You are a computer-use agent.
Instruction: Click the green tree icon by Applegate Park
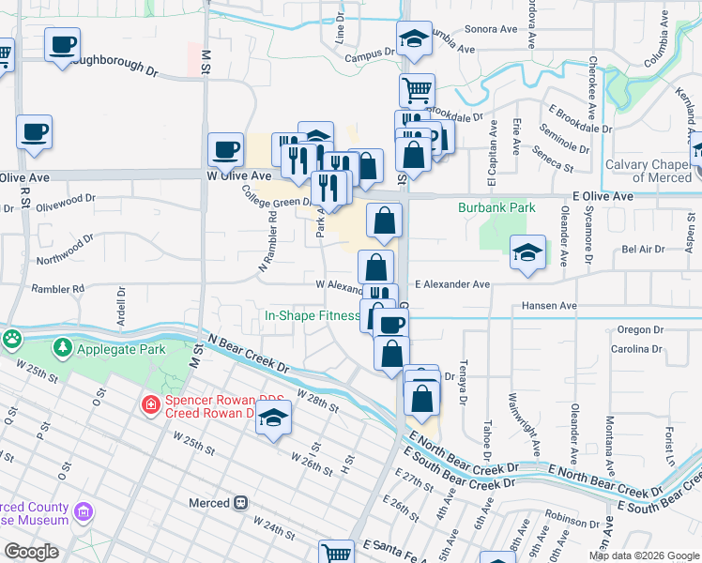pos(64,348)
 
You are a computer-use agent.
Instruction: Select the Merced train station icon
pos(241,503)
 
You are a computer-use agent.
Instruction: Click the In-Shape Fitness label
pos(312,316)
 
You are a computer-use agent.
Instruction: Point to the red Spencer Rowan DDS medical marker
pos(150,405)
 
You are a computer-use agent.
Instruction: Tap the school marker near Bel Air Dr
pos(528,251)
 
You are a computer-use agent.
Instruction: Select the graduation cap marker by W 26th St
pos(273,419)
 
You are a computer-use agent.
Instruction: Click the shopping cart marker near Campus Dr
pos(417,90)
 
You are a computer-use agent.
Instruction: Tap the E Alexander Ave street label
pos(452,283)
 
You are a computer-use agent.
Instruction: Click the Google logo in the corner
pos(31,552)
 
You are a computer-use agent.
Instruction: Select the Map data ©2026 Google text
pos(644,555)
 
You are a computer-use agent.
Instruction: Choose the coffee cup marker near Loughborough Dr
pos(62,44)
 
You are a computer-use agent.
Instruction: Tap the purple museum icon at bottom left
pos(84,512)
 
